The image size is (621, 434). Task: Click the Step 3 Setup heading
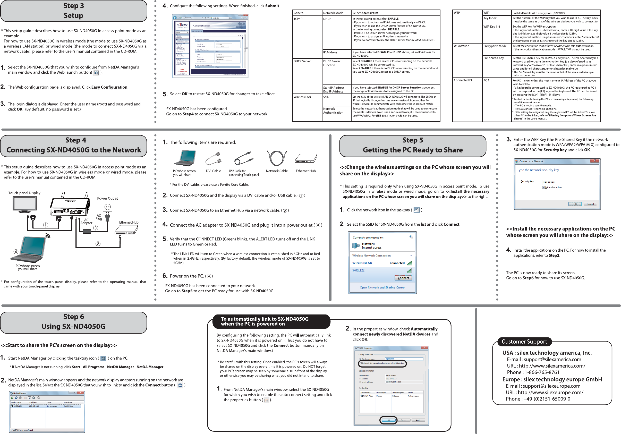74,11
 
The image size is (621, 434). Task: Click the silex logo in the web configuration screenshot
182,25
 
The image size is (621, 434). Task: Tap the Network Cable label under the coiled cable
277,171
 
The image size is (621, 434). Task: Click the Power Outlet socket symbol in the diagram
107,207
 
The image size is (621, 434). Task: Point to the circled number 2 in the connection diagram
98,244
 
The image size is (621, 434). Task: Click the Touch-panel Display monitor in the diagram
25,204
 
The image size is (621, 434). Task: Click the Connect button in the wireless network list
403,278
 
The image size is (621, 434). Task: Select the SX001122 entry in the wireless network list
358,270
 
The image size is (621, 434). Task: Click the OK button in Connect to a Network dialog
575,204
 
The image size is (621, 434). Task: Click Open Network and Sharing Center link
382,288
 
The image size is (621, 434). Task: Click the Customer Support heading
524,342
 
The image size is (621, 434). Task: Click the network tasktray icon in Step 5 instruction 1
416,210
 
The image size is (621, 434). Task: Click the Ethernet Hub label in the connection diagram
129,223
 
